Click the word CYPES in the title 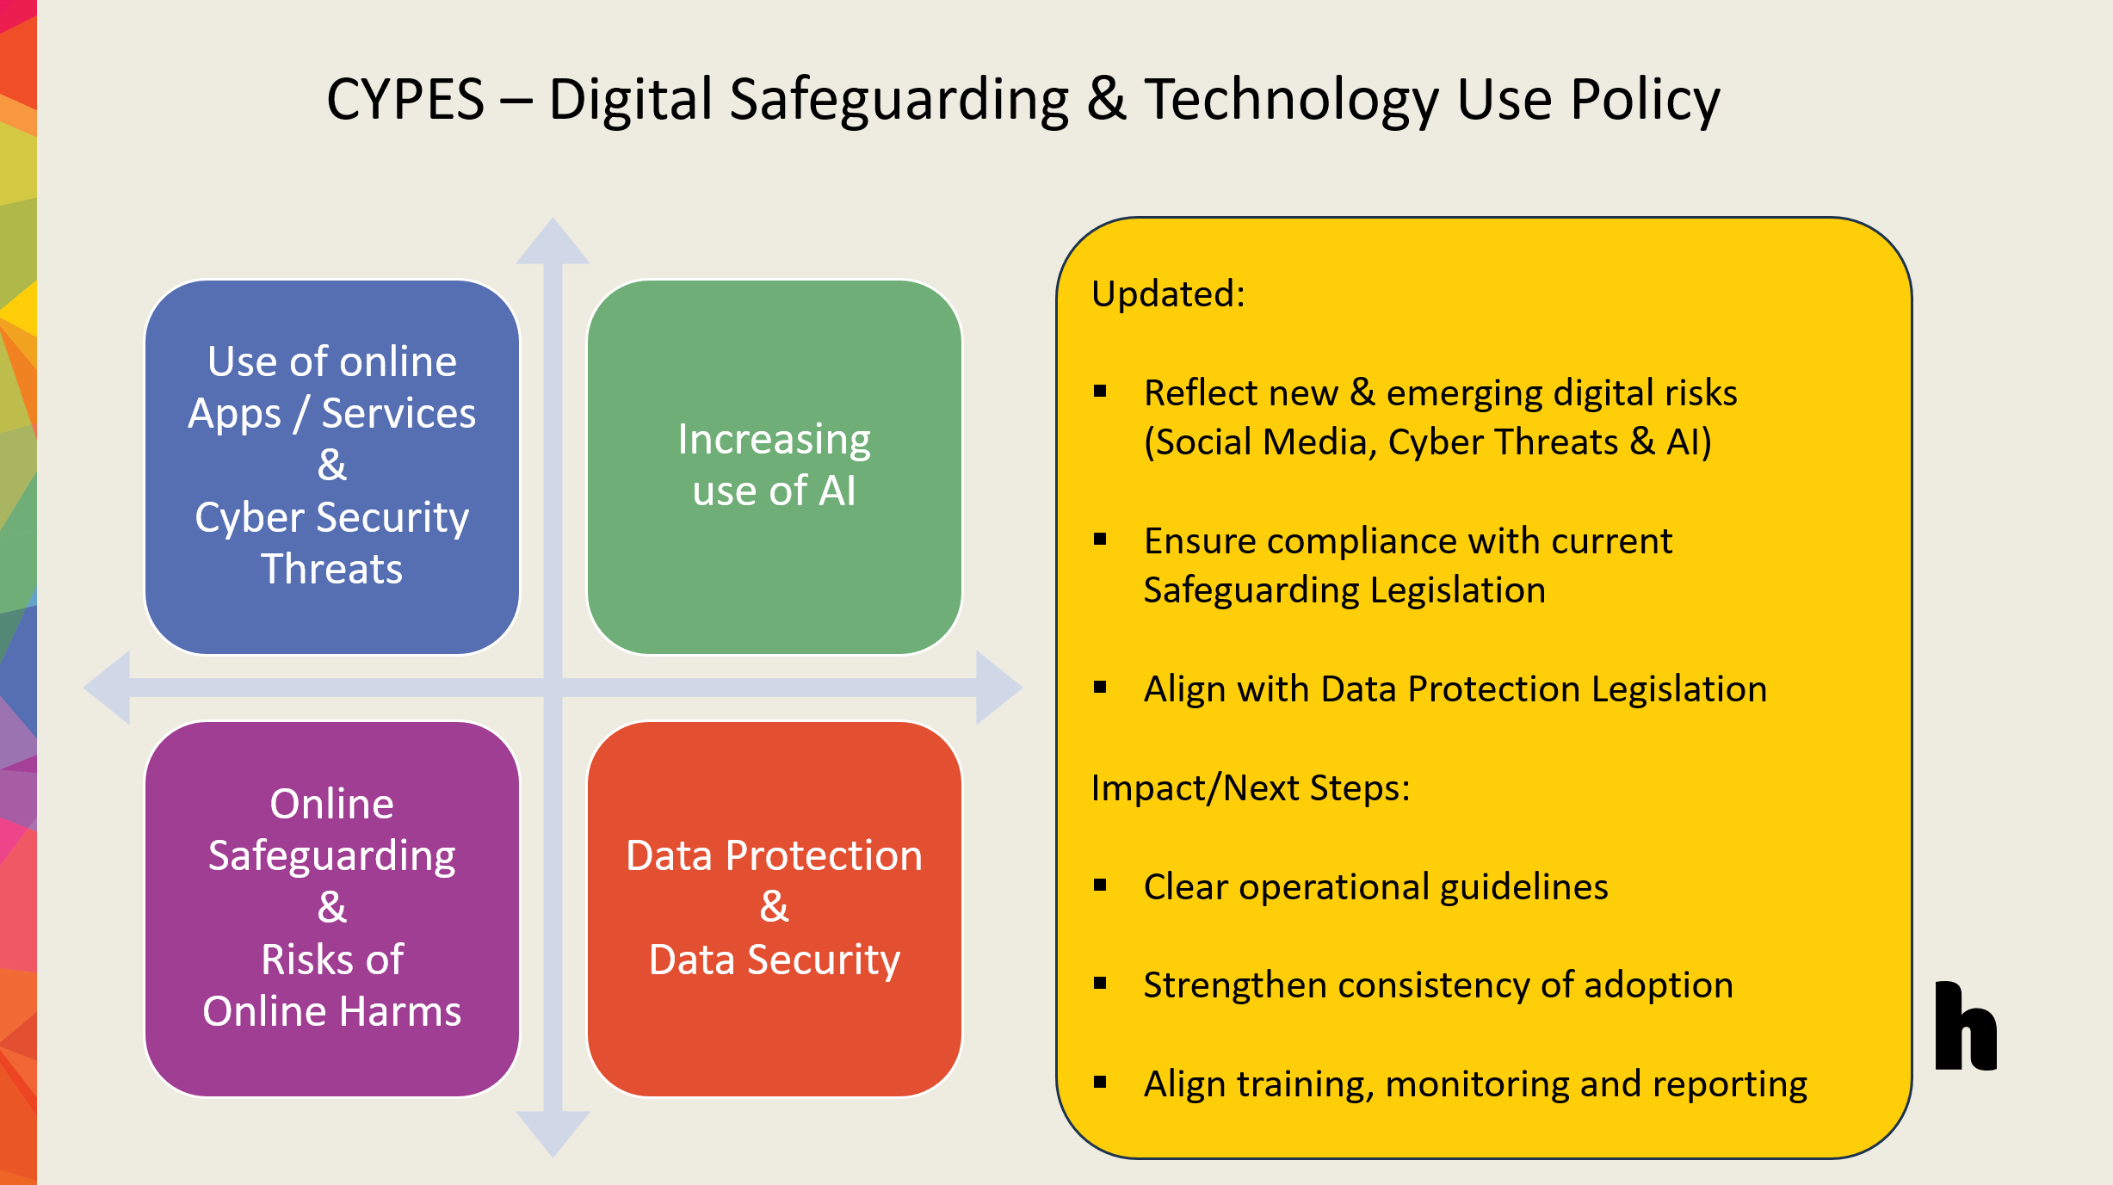(x=405, y=100)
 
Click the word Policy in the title (x=1645, y=102)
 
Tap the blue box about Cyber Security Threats (x=332, y=466)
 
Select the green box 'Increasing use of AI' (x=774, y=466)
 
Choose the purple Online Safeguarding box (x=332, y=909)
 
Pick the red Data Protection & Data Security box (x=774, y=909)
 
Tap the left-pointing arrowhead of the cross (x=107, y=688)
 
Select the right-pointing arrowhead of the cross (x=999, y=688)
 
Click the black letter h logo (x=1965, y=1026)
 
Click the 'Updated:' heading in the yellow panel (x=1168, y=294)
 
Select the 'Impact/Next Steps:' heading (x=1251, y=788)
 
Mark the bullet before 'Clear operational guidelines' (x=1100, y=885)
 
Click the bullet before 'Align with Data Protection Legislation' (x=1100, y=687)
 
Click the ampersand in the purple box (x=332, y=907)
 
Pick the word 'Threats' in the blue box (x=332, y=569)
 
